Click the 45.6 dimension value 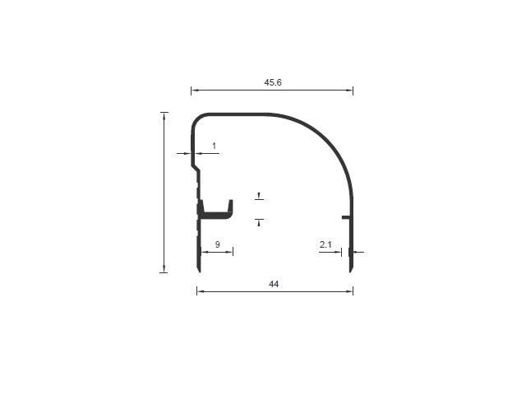[273, 82]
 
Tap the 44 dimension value [274, 284]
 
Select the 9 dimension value [217, 244]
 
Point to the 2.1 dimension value [325, 244]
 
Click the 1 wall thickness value [214, 146]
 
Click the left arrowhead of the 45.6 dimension [194, 90]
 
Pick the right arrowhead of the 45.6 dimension [350, 90]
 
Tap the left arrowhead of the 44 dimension [200, 291]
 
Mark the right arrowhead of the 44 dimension [350, 291]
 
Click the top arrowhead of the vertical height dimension [164, 115]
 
